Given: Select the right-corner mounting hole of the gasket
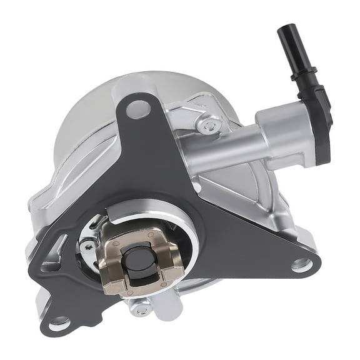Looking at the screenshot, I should click(x=301, y=265).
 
